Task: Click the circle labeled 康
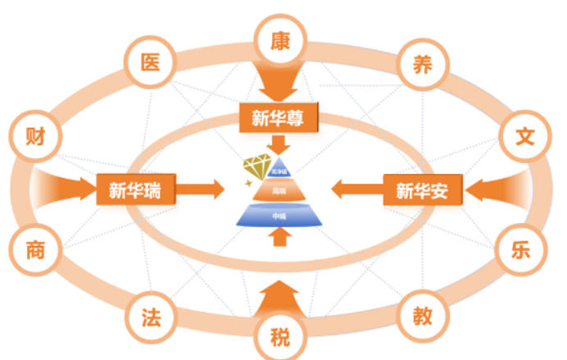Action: click(281, 39)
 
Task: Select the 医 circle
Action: click(151, 62)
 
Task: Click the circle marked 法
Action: click(151, 315)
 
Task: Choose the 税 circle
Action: click(281, 336)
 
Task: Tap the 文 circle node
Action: click(525, 135)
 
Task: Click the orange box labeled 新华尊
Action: click(279, 116)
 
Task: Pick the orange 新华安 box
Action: click(423, 190)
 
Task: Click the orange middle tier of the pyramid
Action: click(279, 190)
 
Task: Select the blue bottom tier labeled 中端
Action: click(279, 215)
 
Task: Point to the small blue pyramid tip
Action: click(279, 170)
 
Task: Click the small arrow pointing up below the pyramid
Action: click(279, 237)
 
